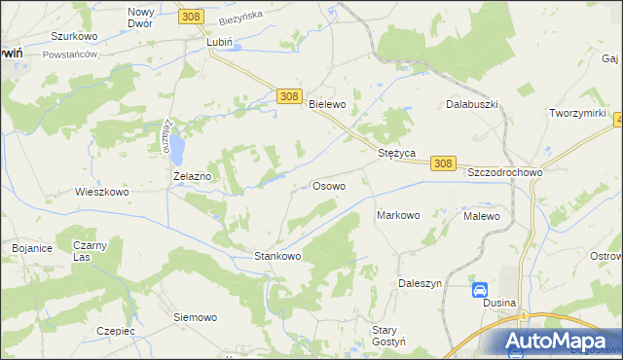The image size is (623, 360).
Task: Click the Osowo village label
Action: [x=327, y=185]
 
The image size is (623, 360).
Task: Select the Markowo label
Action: [x=397, y=215]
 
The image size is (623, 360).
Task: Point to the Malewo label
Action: [x=482, y=216]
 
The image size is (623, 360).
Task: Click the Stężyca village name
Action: [x=397, y=153]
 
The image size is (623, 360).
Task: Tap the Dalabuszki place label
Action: [x=472, y=103]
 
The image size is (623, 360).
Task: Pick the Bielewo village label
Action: [x=327, y=103]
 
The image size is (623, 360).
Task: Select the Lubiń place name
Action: [x=220, y=43]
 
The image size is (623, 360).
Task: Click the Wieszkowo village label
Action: [x=102, y=192]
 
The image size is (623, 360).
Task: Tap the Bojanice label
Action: [x=32, y=248]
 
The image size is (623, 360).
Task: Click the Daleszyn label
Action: [x=421, y=283]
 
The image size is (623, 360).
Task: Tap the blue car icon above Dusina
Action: [x=480, y=289]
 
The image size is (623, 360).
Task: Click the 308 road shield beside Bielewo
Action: [x=288, y=96]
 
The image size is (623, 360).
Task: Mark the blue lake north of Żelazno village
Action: [x=178, y=148]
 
